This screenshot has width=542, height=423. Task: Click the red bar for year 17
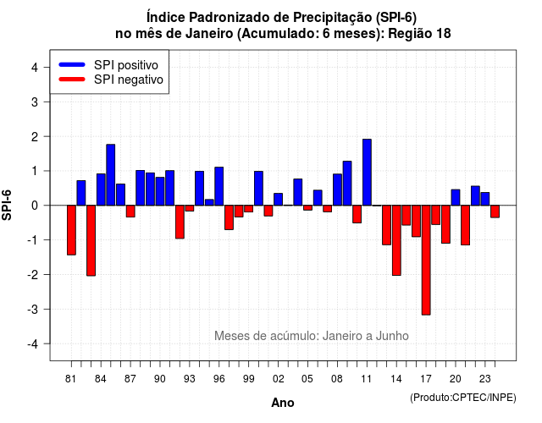coord(426,260)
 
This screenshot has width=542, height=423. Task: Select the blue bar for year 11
coord(367,173)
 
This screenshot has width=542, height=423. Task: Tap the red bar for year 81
coord(71,230)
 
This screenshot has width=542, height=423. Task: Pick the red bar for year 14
coord(396,240)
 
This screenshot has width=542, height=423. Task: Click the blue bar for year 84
coord(101,190)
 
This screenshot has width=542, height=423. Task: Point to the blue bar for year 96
coord(219,186)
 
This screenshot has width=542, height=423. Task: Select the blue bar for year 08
coord(337,190)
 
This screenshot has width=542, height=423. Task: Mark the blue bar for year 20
coord(456,197)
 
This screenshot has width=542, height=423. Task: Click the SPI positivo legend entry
coord(108,65)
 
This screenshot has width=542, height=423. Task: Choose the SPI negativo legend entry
coord(111,80)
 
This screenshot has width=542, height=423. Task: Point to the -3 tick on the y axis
coord(47,309)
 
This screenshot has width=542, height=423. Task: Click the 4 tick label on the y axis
coord(35,67)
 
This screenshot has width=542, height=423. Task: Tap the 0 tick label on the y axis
coord(35,206)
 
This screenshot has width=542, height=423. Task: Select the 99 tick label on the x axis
coord(248,379)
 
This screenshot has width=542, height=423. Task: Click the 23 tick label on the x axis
coord(485,379)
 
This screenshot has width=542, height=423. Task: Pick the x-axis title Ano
coord(283,403)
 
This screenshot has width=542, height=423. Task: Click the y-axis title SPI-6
coord(7,205)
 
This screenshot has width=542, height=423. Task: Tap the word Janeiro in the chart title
coord(209,34)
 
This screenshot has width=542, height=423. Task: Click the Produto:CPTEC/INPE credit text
coord(463,398)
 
